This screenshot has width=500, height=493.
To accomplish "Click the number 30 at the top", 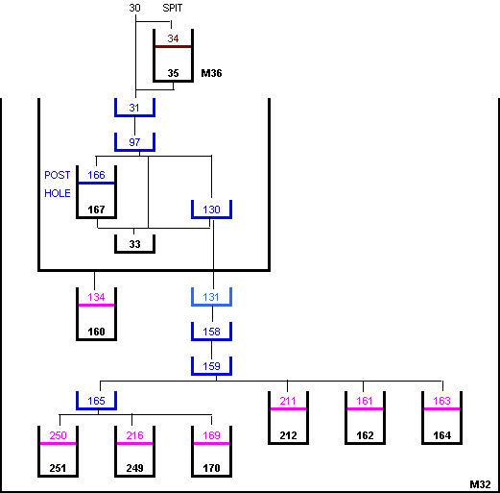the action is [x=134, y=8].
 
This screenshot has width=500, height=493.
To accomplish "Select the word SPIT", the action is [x=173, y=8].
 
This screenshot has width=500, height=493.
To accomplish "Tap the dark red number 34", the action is [x=173, y=38].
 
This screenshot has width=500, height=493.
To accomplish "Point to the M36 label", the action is [x=211, y=73].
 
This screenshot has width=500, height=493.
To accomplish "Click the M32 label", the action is [x=480, y=484].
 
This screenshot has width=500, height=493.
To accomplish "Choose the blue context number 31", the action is [x=134, y=108].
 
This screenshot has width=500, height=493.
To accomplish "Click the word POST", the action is [x=58, y=175].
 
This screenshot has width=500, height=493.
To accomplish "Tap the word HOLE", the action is [x=58, y=193].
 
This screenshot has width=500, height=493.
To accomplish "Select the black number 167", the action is [x=96, y=210].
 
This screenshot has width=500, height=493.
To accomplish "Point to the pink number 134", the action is [x=96, y=297].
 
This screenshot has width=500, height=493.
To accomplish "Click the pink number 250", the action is [x=58, y=435].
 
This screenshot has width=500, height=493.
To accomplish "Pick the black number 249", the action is [x=134, y=468].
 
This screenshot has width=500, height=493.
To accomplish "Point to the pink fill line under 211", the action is [x=288, y=408].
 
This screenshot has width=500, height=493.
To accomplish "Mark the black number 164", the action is [x=441, y=435].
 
